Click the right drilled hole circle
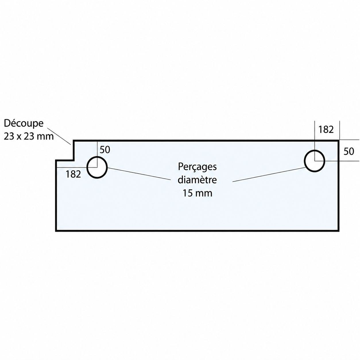pyautogui.click(x=305, y=161)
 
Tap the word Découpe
pyautogui.click(x=24, y=124)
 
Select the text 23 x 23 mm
pyautogui.click(x=29, y=137)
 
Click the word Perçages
pyautogui.click(x=197, y=167)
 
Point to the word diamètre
pyautogui.click(x=197, y=180)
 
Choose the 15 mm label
pyautogui.click(x=198, y=193)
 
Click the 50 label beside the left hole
pyautogui.click(x=105, y=150)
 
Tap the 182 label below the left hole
pyautogui.click(x=73, y=174)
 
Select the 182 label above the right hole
pyautogui.click(x=326, y=129)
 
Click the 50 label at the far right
pyautogui.click(x=349, y=151)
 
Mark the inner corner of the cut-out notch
pyautogui.click(x=74, y=160)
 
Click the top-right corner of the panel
pyautogui.click(x=339, y=140)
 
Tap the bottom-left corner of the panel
pyautogui.click(x=56, y=231)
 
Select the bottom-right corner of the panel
pyautogui.click(x=339, y=231)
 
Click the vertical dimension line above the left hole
pyautogui.click(x=97, y=154)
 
